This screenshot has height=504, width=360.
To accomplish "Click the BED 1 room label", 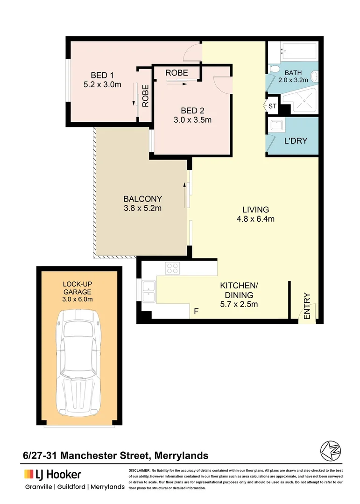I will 102,75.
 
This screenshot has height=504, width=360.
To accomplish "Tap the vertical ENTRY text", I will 307,306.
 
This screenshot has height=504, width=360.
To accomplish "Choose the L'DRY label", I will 296,140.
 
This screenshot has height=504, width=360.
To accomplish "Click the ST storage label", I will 272,106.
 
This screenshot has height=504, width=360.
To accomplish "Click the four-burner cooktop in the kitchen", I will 172,268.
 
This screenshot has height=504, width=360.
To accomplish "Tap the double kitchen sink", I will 149,291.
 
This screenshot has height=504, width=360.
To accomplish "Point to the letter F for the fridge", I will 197,311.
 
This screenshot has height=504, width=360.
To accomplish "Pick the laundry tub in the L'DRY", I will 276,126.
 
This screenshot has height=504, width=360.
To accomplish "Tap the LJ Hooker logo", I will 52,475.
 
